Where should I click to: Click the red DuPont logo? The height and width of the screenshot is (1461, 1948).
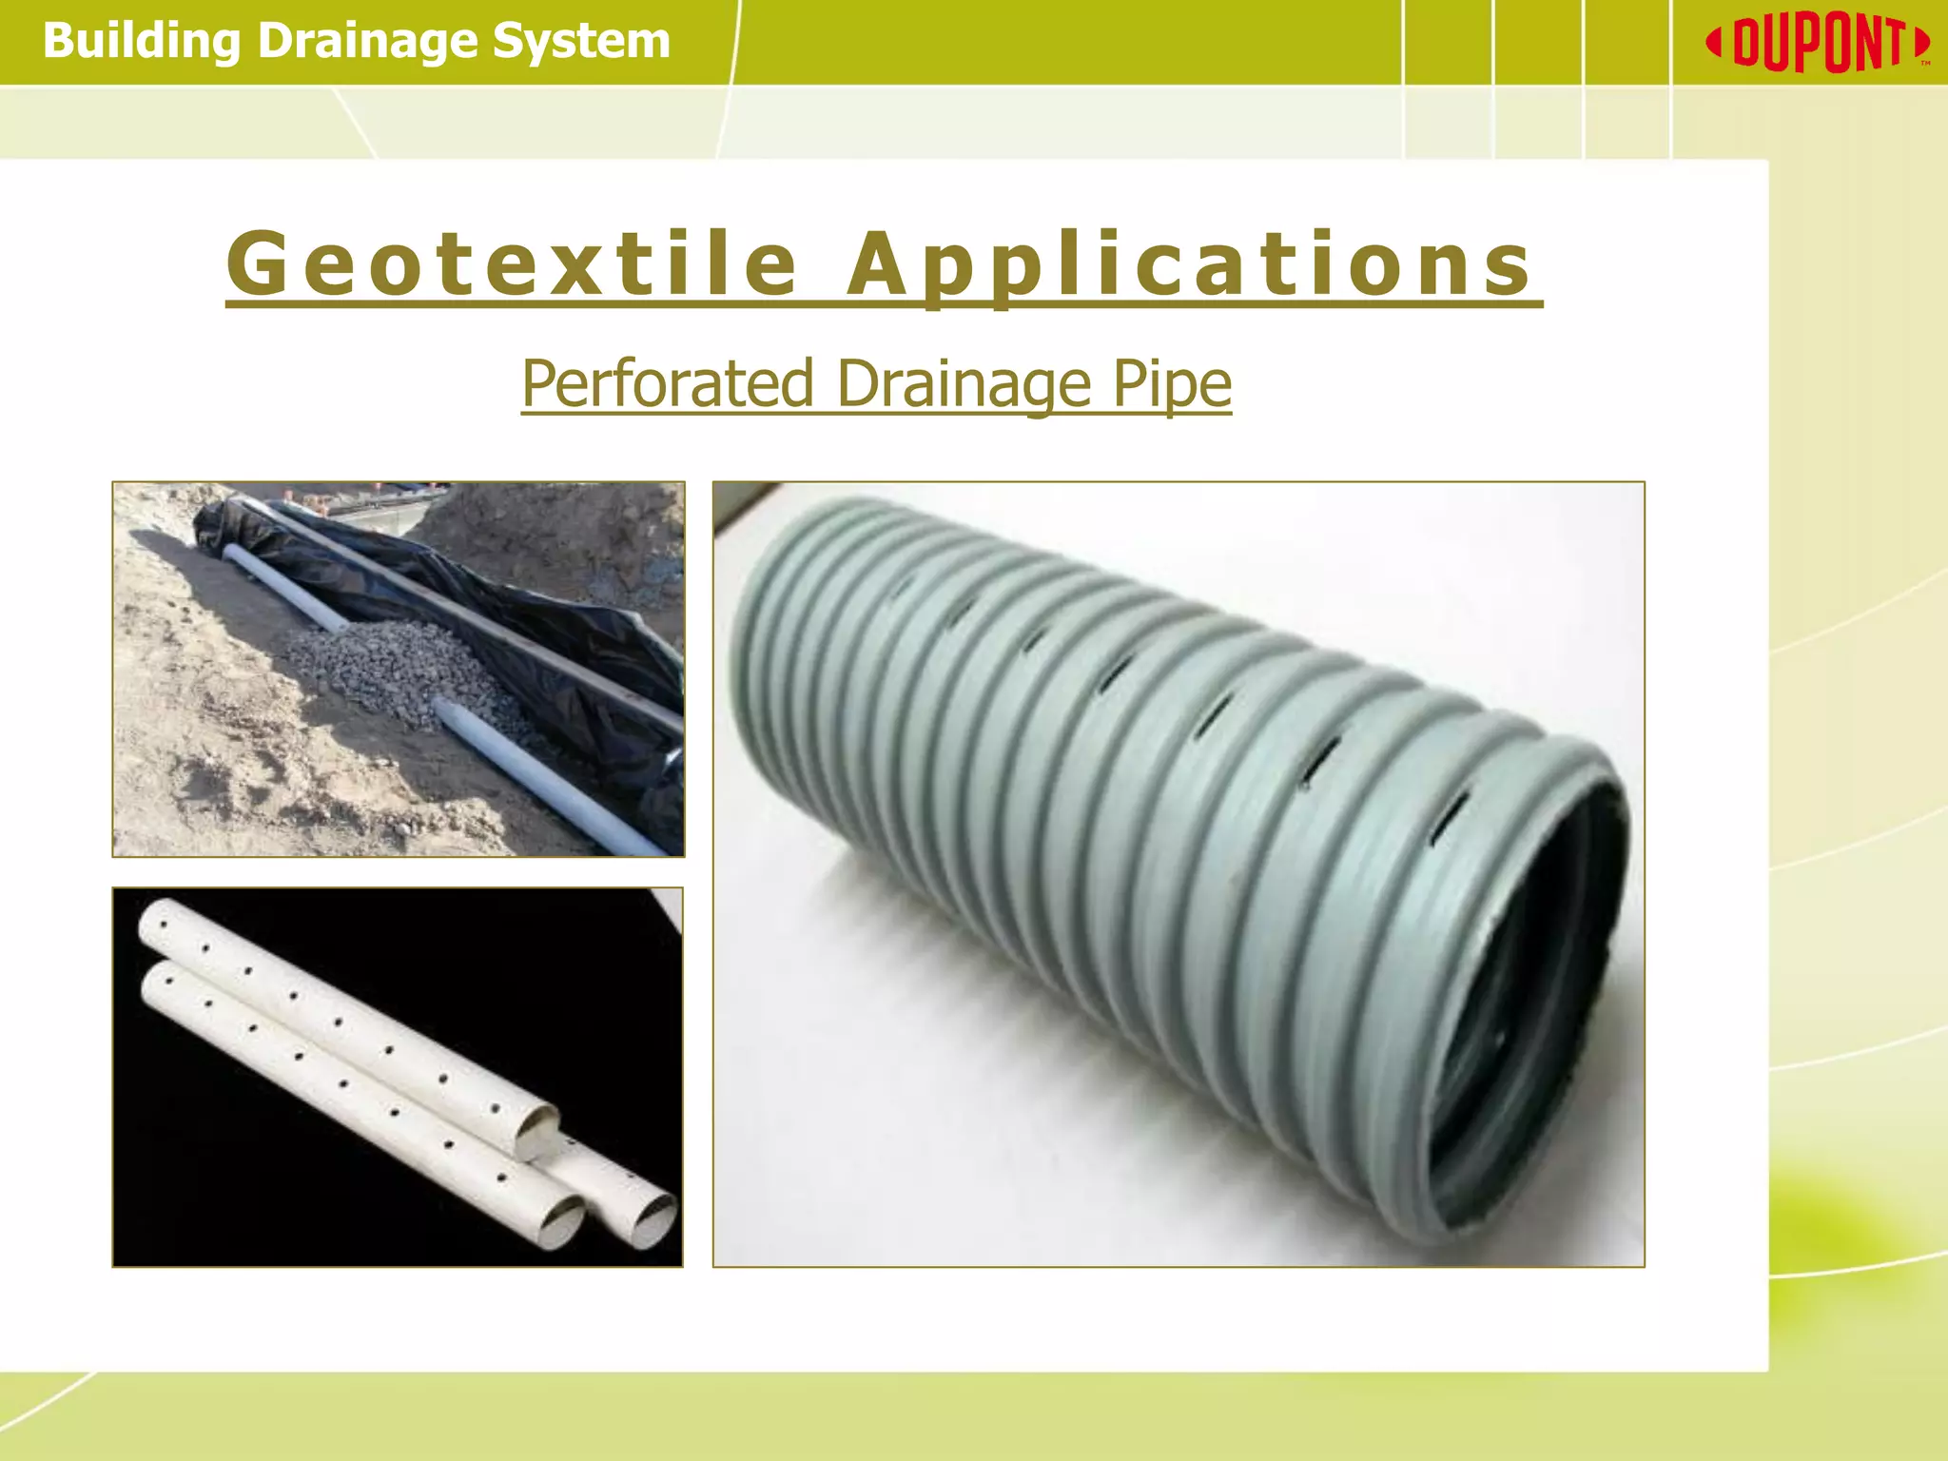coord(1817,44)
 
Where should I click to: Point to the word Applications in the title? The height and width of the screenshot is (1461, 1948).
coord(1189,264)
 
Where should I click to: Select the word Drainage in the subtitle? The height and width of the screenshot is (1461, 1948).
coord(964,384)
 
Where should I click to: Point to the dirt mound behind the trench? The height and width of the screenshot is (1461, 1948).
coord(552,533)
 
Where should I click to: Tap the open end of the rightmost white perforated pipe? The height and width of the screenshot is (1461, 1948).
coord(654,1219)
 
